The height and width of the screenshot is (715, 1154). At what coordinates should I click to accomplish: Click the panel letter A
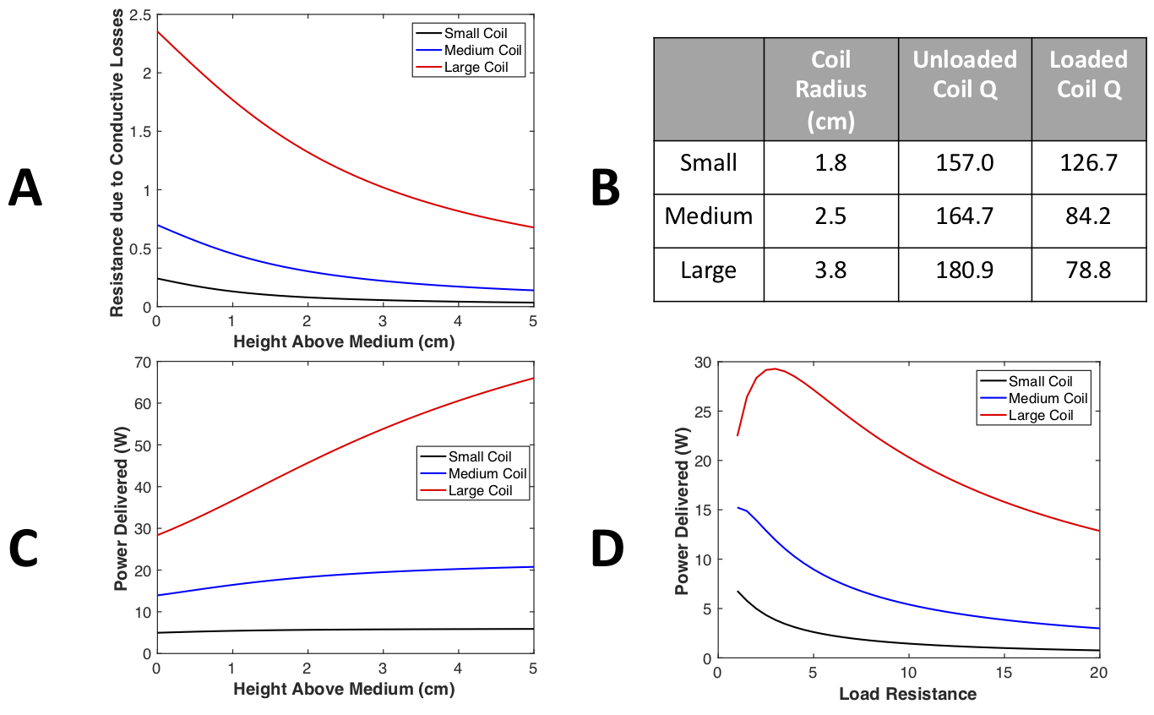(x=25, y=188)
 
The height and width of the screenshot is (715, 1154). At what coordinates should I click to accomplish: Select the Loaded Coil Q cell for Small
(x=1088, y=161)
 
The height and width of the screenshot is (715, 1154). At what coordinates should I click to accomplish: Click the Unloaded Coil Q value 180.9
(x=964, y=270)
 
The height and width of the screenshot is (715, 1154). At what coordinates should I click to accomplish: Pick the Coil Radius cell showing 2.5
(x=830, y=216)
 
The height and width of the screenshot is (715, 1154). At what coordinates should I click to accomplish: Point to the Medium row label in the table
(x=708, y=216)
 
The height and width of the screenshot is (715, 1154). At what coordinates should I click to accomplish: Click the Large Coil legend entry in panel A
(x=476, y=68)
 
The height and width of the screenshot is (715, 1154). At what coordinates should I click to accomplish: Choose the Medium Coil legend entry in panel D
(x=1048, y=398)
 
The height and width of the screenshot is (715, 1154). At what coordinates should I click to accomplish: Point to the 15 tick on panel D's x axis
(x=1003, y=674)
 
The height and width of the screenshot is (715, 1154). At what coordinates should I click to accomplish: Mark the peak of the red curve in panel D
(x=774, y=368)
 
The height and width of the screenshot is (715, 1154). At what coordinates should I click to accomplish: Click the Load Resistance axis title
(x=907, y=695)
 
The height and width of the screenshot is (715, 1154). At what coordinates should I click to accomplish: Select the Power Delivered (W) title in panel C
(x=120, y=507)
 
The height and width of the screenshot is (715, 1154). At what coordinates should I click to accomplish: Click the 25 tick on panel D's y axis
(x=701, y=411)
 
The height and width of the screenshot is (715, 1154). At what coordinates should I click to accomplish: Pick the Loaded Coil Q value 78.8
(x=1088, y=270)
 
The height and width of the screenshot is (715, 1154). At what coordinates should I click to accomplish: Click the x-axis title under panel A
(x=344, y=342)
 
